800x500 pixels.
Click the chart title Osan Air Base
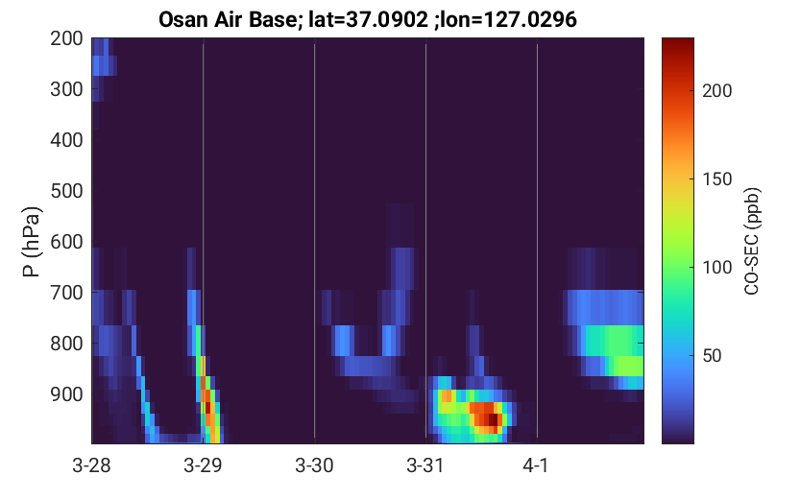pyautogui.click(x=228, y=20)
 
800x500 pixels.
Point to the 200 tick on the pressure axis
pyautogui.click(x=66, y=38)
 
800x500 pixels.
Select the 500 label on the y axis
pyautogui.click(x=66, y=191)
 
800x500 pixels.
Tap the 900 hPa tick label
pyautogui.click(x=66, y=394)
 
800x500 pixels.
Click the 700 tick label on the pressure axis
pyautogui.click(x=66, y=293)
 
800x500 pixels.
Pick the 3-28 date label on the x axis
pyautogui.click(x=92, y=465)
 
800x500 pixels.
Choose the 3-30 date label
pyautogui.click(x=314, y=465)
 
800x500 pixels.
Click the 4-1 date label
pyautogui.click(x=536, y=465)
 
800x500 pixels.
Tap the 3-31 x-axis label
pyautogui.click(x=425, y=465)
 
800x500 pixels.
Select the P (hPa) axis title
pyautogui.click(x=32, y=242)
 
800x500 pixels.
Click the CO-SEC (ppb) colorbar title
pyautogui.click(x=752, y=241)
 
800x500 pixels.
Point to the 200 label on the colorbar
pyautogui.click(x=716, y=91)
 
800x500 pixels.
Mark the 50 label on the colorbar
pyautogui.click(x=712, y=356)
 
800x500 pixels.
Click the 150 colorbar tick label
pyautogui.click(x=716, y=179)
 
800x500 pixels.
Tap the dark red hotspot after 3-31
pyautogui.click(x=493, y=419)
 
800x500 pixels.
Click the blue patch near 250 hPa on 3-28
pyautogui.click(x=105, y=65)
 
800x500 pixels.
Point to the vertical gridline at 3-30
pyautogui.click(x=314, y=241)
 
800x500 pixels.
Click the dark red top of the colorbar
pyautogui.click(x=678, y=44)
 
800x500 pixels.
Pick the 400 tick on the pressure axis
pyautogui.click(x=66, y=140)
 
